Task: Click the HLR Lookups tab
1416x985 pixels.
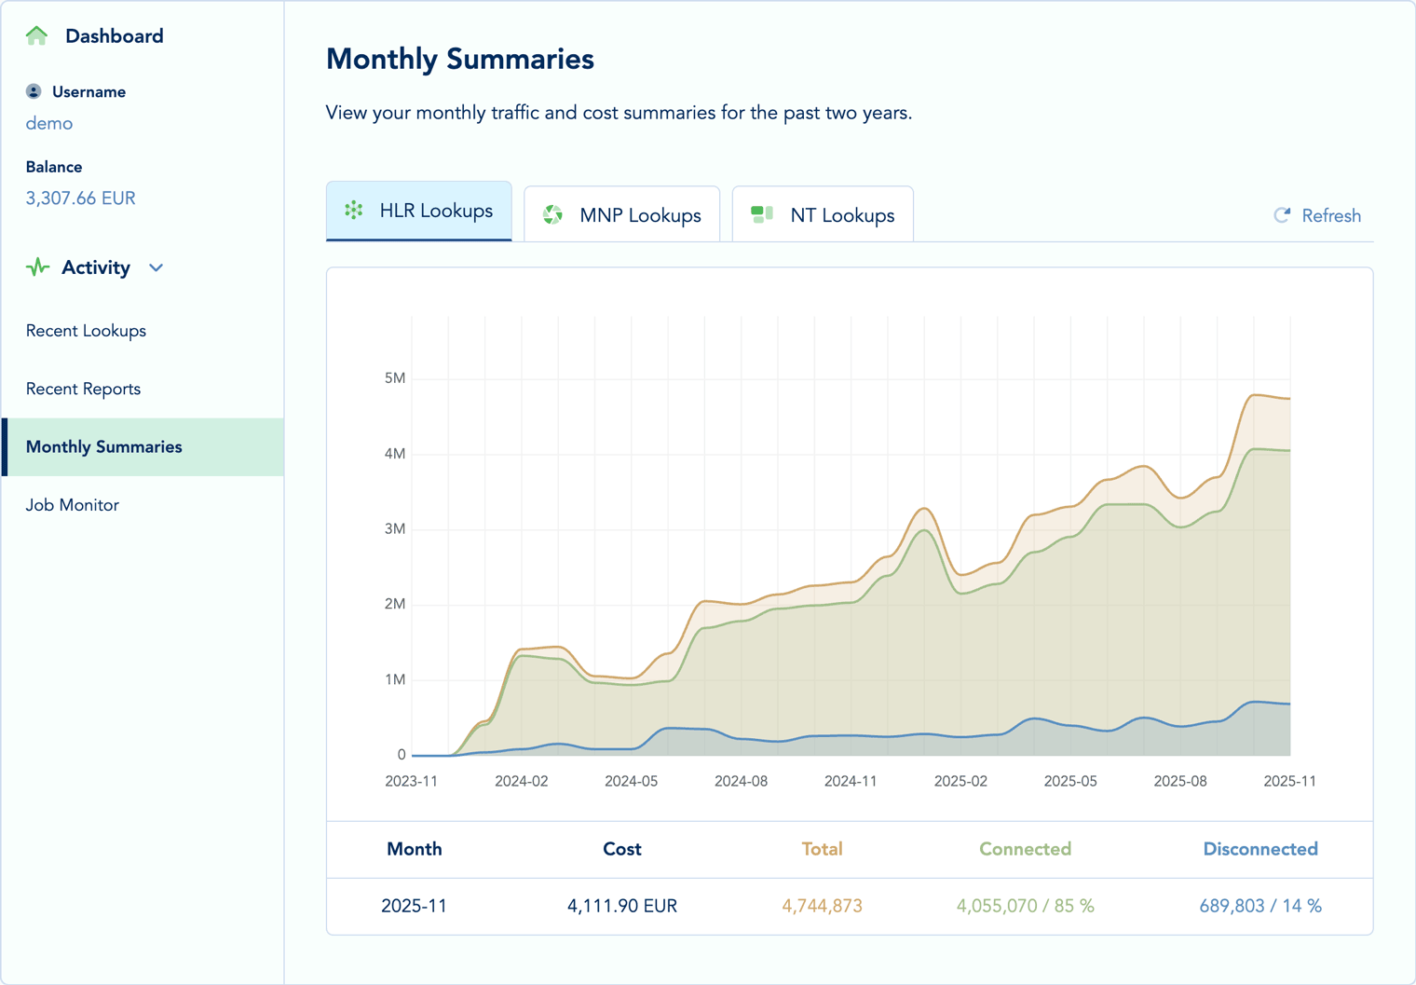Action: [x=419, y=212]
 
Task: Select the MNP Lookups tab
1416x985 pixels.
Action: [x=621, y=215]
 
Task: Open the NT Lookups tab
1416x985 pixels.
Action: [x=823, y=215]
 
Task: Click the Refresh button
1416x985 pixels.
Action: [x=1317, y=216]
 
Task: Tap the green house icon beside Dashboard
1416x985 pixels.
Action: [x=37, y=35]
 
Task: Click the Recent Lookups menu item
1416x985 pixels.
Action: [x=86, y=331]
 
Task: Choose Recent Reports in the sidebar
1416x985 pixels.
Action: [x=83, y=389]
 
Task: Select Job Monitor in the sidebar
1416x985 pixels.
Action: [x=73, y=505]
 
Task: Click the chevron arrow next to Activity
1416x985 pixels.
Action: [x=157, y=268]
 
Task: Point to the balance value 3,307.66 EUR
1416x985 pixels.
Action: [x=80, y=198]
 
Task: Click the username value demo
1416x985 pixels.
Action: [x=49, y=123]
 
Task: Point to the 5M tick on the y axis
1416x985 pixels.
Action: [x=394, y=378]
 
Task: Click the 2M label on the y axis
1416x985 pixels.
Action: [x=394, y=604]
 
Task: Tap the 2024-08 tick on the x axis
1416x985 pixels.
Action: [x=741, y=781]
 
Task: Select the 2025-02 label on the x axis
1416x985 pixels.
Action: [x=960, y=781]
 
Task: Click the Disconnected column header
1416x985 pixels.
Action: [x=1259, y=849]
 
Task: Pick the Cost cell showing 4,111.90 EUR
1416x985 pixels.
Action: [x=621, y=906]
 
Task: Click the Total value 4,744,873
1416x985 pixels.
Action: [x=822, y=906]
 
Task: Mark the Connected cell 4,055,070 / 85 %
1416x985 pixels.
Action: [x=1025, y=906]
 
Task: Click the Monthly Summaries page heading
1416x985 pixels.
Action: [x=460, y=59]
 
